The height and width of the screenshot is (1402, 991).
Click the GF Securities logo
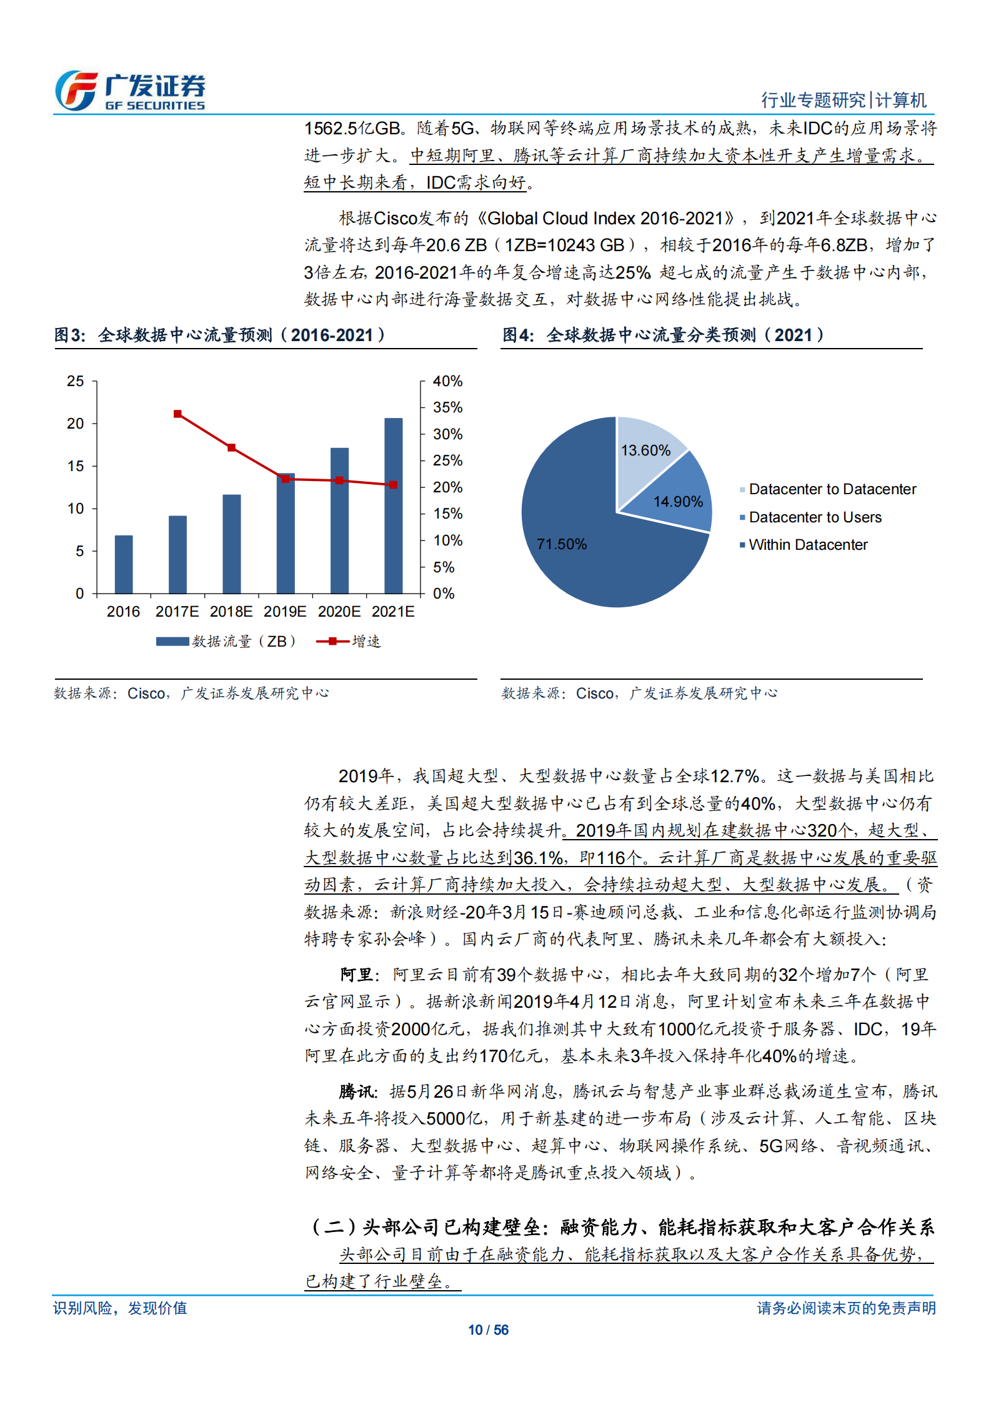130,91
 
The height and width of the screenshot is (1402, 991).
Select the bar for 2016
124,564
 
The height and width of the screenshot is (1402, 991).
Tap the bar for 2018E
232,544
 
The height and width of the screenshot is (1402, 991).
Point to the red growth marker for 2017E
178,414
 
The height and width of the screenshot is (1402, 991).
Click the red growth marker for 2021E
393,485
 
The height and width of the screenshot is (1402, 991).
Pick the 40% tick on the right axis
447,381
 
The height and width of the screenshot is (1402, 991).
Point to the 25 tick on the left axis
76,381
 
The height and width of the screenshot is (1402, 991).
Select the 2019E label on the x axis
285,612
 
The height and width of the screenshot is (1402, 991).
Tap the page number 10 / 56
488,1330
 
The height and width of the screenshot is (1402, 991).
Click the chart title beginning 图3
219,336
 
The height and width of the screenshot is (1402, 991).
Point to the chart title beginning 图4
663,336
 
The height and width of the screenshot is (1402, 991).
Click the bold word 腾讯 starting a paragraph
357,1091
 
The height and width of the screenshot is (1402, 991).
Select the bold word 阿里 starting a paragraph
357,975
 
